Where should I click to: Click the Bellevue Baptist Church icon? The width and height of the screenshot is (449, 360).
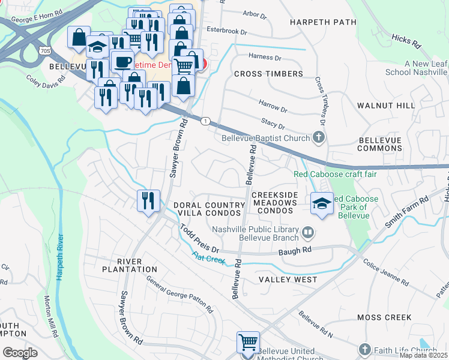click(319, 138)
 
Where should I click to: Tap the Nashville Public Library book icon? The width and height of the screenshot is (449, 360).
click(307, 231)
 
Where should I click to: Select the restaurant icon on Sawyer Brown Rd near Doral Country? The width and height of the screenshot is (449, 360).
click(148, 200)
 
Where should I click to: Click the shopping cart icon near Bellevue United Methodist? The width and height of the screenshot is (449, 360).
click(248, 342)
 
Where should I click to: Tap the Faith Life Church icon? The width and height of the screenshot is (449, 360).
click(364, 350)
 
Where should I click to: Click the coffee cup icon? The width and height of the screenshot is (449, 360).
click(122, 61)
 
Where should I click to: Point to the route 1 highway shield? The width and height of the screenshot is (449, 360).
click(205, 121)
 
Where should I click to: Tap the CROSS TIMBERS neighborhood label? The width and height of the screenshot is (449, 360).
click(268, 74)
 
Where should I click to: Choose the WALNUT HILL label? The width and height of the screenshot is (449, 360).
click(385, 106)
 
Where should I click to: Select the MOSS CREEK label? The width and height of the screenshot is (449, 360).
click(384, 317)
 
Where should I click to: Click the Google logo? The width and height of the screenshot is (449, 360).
click(20, 353)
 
